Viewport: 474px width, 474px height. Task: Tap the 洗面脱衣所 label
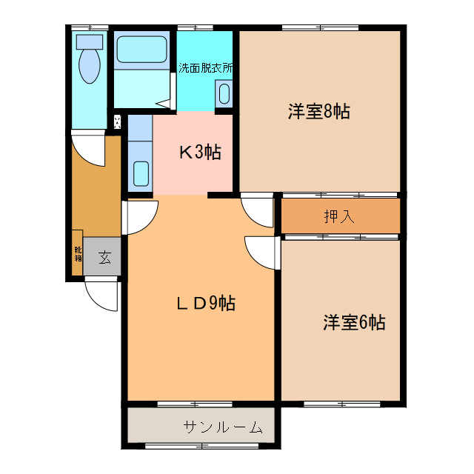coord(206,68)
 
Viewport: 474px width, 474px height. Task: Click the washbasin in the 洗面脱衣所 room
coord(224,94)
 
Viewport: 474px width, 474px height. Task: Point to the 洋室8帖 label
coord(318,112)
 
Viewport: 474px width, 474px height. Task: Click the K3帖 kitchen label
coord(199,153)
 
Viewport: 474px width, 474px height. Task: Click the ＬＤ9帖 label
coord(205,303)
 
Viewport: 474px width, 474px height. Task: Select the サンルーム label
coord(222,427)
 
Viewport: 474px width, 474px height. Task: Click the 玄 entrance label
coord(104,258)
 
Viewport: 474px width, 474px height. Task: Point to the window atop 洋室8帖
coord(319,28)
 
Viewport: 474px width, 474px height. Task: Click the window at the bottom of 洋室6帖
coord(341,404)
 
